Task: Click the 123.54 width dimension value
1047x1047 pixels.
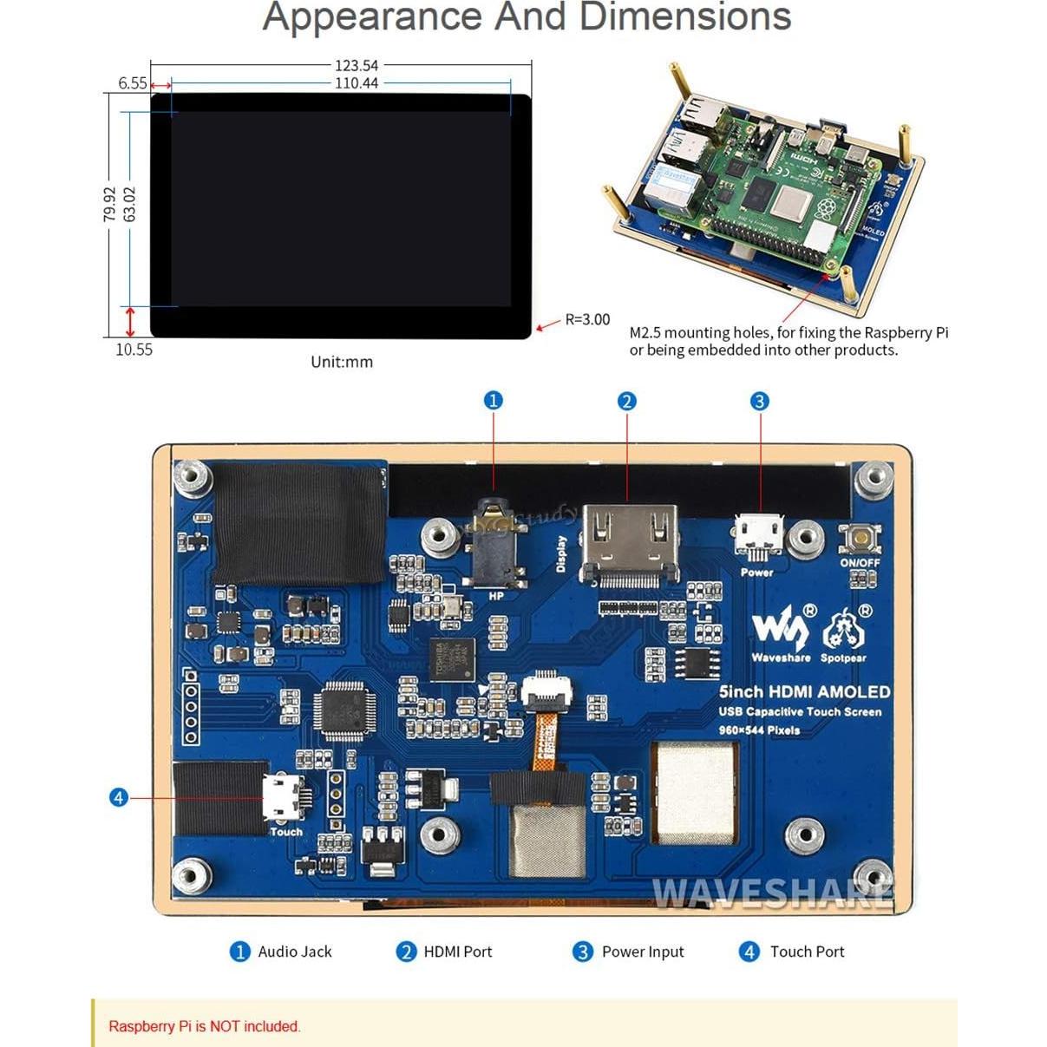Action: click(x=357, y=65)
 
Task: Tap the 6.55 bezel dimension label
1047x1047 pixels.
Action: click(x=132, y=83)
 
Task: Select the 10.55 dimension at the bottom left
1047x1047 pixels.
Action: click(x=134, y=350)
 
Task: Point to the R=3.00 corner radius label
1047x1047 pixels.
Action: click(x=587, y=319)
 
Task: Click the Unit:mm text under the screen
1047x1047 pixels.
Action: click(x=342, y=362)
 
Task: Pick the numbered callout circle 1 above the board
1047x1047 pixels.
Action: click(x=493, y=400)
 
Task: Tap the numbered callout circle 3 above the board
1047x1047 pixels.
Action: click(x=759, y=401)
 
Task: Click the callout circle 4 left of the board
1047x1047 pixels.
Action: click(x=119, y=797)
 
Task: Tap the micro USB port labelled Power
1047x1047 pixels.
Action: click(x=758, y=536)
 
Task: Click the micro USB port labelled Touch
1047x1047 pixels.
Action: click(x=284, y=796)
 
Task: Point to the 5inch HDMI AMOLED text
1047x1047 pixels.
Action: click(x=804, y=691)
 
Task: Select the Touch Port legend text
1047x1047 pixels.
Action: click(x=807, y=952)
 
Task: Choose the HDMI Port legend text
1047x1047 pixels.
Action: click(x=457, y=952)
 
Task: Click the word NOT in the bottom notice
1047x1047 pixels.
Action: click(x=224, y=1026)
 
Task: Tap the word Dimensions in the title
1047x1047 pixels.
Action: click(x=684, y=17)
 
